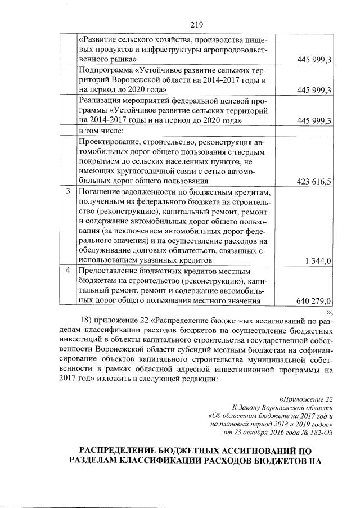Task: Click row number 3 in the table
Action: pos(67,191)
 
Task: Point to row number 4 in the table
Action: pos(67,270)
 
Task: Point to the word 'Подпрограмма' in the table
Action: pos(106,70)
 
